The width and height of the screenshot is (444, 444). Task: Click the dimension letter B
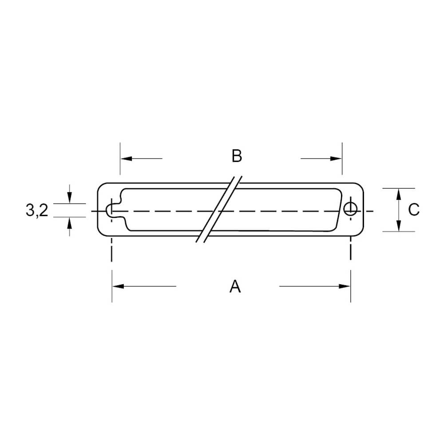tap(237, 156)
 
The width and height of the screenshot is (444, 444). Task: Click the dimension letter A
tap(235, 286)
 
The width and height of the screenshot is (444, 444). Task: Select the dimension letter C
tap(413, 210)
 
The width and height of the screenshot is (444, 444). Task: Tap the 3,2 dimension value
tap(37, 210)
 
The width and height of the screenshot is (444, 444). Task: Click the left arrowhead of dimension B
tap(126, 159)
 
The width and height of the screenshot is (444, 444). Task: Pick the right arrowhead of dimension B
tap(336, 159)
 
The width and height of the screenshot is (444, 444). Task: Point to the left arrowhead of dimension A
tap(118, 286)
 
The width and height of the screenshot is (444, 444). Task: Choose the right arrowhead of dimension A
tap(345, 286)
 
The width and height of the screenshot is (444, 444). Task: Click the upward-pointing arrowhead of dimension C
tap(399, 194)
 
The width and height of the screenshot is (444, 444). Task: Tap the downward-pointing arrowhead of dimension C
tap(399, 226)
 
